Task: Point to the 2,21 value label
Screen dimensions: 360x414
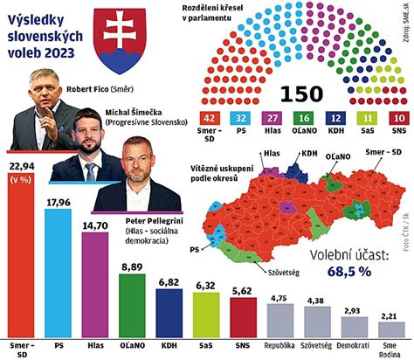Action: [x=387, y=315]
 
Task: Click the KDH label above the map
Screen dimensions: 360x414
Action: [x=308, y=153]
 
